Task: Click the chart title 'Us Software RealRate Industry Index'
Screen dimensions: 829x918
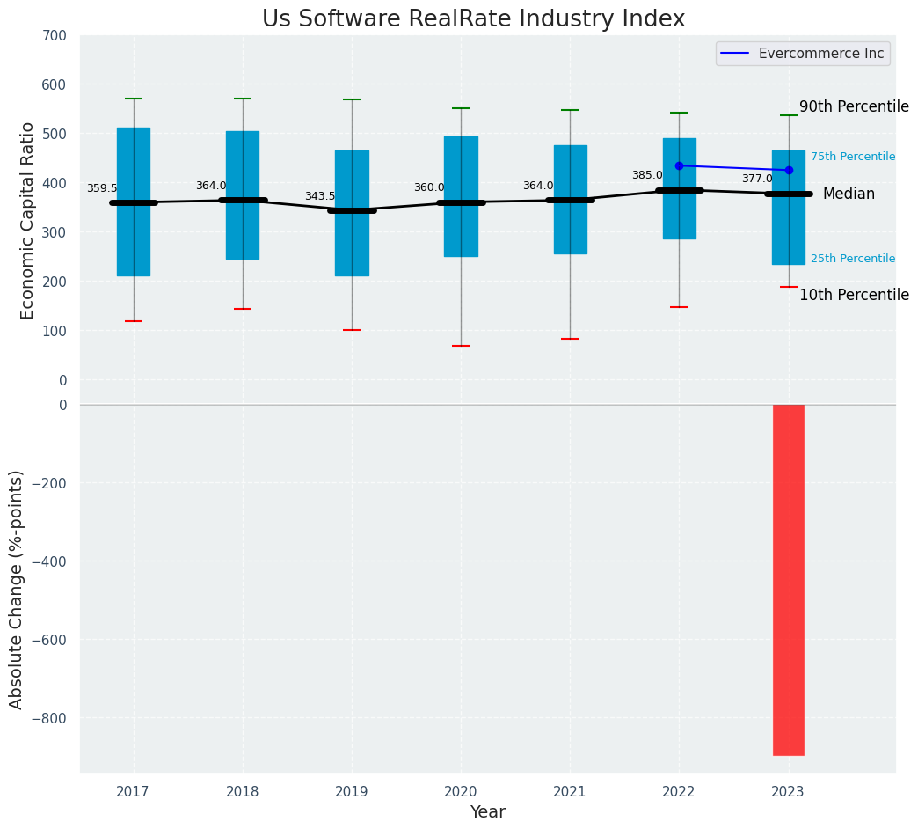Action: coord(473,19)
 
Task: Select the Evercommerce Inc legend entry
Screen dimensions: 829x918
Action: coord(802,54)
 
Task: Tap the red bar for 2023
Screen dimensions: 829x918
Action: coord(789,580)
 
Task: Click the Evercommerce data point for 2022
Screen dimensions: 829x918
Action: coord(679,165)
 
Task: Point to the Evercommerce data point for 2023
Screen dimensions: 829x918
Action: coord(789,170)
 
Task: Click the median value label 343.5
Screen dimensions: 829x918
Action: coord(320,196)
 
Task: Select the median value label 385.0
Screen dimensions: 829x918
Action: coord(647,175)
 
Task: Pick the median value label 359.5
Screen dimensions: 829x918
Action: coord(102,188)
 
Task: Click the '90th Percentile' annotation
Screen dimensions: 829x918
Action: coord(854,106)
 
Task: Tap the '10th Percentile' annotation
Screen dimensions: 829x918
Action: coord(854,295)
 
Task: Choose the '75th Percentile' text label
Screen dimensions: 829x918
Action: coord(853,157)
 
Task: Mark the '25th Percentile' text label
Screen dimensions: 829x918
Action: coord(853,259)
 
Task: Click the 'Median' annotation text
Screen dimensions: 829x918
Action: coord(849,194)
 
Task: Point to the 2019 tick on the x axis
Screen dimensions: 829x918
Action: coord(352,792)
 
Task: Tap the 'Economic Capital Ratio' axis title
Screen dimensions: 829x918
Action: coord(28,220)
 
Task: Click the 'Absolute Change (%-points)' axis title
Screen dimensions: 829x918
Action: coord(17,589)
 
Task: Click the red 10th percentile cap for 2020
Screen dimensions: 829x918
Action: coord(461,346)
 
